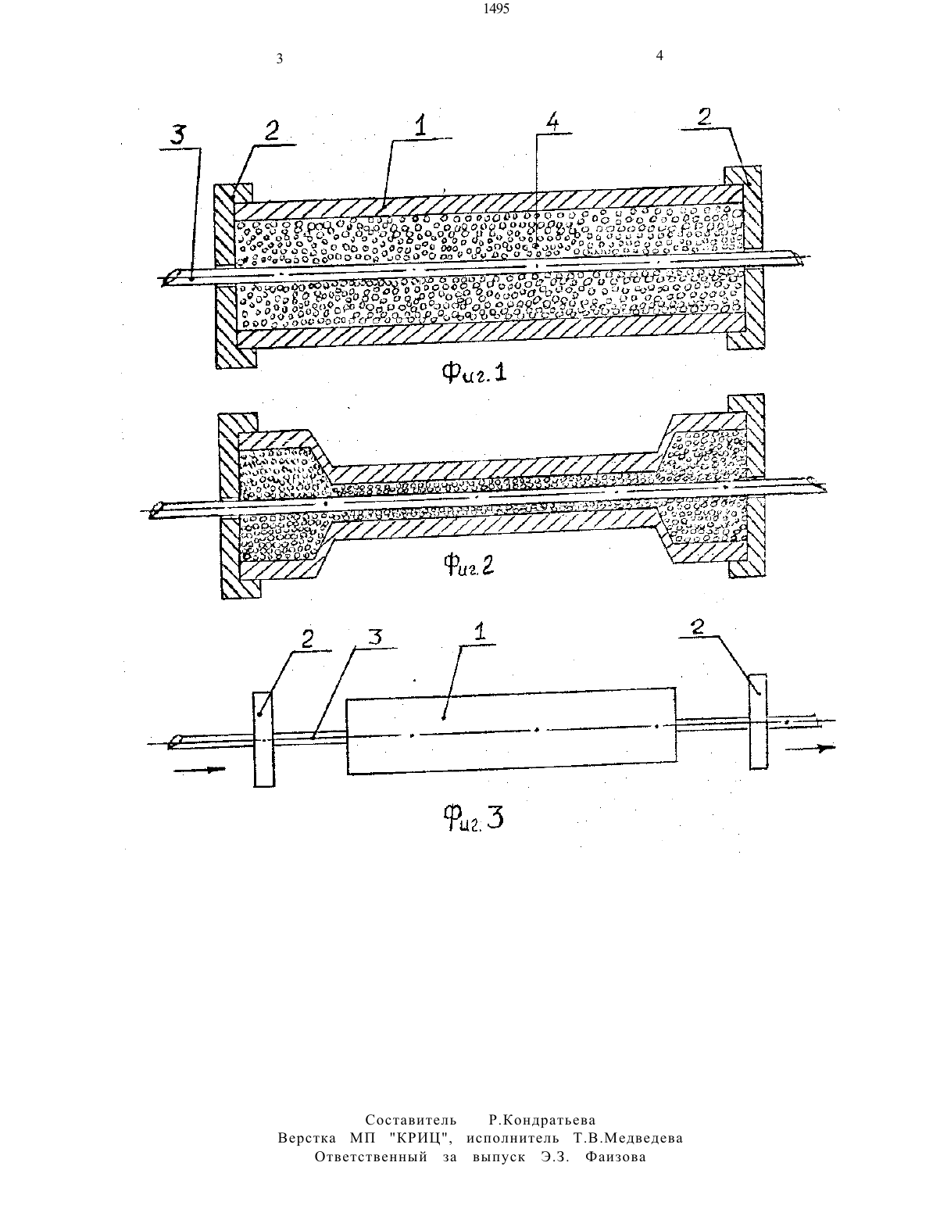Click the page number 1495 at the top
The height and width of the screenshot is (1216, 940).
coord(497,9)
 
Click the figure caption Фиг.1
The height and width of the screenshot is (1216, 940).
coord(474,372)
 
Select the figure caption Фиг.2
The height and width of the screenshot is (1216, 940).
coord(469,566)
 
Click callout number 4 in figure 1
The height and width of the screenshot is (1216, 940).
coord(552,123)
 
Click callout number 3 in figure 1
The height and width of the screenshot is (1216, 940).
coord(177,135)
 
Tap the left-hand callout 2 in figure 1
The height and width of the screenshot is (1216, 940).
coord(272,131)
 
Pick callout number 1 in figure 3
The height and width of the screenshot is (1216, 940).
coord(480,632)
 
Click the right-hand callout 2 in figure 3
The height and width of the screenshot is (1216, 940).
coord(697,627)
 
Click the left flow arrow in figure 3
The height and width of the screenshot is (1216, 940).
coord(200,770)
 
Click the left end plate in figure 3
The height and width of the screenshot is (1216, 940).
coord(263,739)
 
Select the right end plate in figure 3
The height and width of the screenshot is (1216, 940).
coord(758,721)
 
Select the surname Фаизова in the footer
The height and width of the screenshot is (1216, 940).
coord(616,1157)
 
